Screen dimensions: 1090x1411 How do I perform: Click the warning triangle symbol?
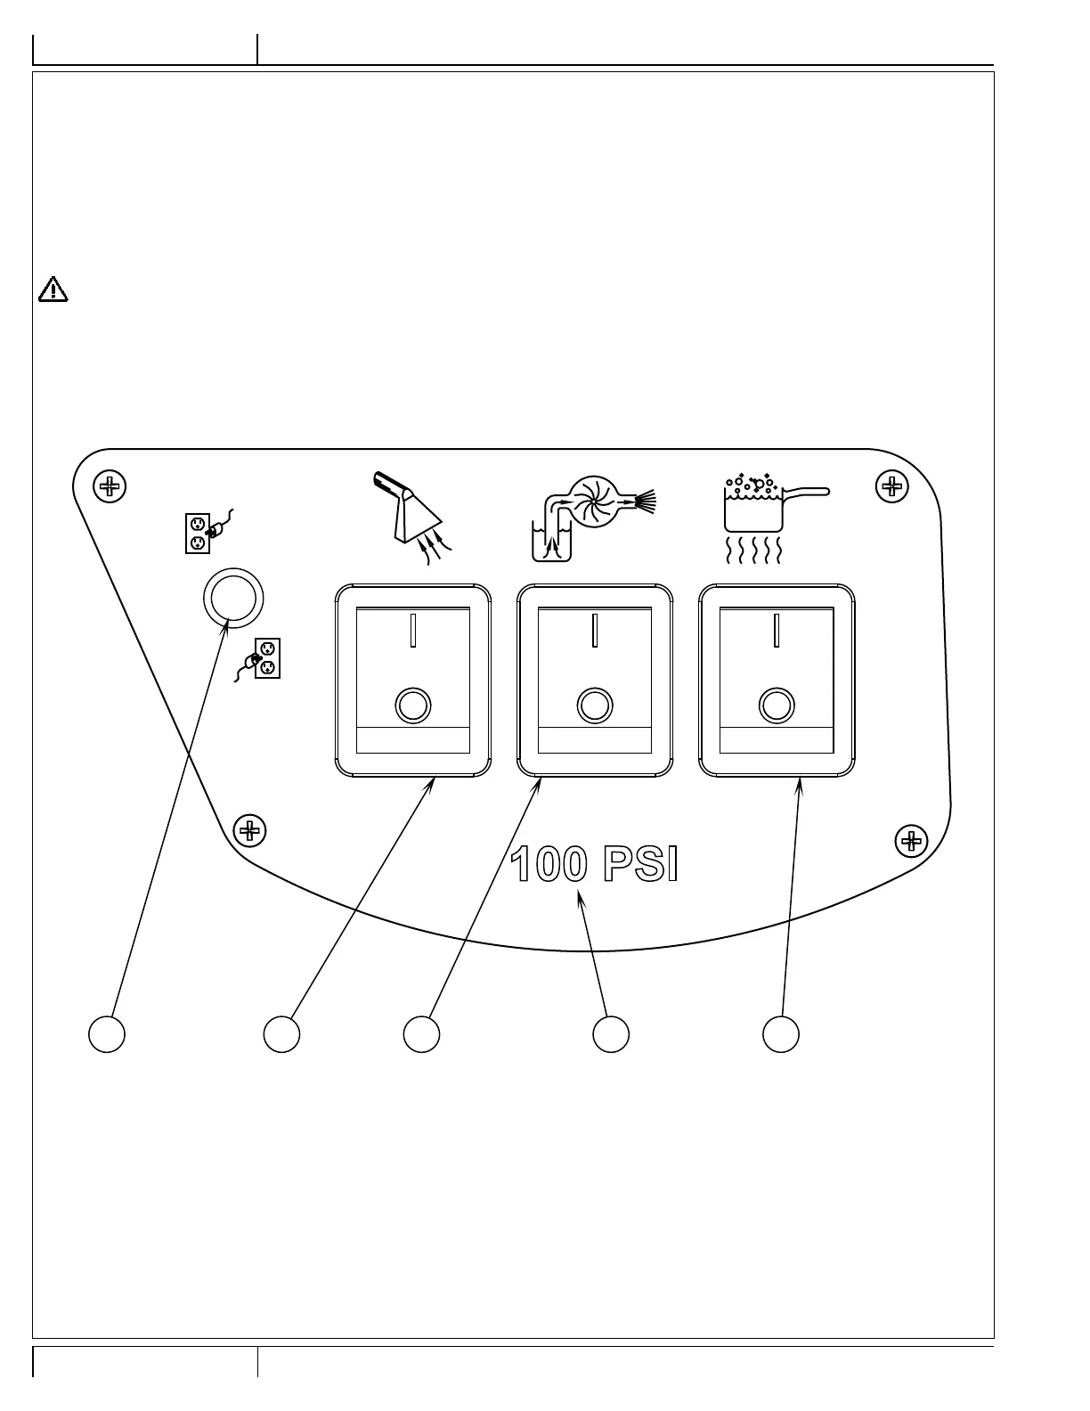53,289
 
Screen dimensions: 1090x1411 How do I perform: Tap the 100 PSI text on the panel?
594,863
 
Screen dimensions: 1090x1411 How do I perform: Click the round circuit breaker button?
233,598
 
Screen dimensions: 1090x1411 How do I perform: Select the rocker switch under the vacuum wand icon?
413,680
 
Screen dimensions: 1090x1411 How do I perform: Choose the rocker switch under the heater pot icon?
777,680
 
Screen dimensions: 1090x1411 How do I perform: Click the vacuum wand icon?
412,518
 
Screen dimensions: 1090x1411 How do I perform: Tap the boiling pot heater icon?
777,518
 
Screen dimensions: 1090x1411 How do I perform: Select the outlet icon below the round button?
257,659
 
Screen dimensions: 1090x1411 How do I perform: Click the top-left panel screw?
110,486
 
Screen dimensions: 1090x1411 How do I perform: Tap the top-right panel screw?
892,486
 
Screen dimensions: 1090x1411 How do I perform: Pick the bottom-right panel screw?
912,841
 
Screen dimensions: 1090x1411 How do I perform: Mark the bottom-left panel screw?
249,830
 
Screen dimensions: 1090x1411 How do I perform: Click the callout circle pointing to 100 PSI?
611,1033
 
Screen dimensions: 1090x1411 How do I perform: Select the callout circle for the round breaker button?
107,1033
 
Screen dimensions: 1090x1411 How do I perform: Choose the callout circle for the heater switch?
781,1033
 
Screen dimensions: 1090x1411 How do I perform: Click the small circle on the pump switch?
595,705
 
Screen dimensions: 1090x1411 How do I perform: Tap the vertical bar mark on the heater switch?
777,630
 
